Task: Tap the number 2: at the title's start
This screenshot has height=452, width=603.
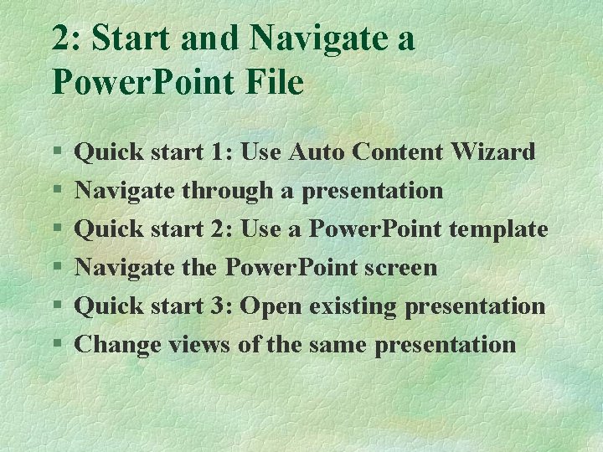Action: (68, 39)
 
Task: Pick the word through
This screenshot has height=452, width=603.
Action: (228, 191)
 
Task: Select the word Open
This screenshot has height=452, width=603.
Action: (271, 306)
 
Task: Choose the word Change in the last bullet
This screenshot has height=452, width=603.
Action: (118, 344)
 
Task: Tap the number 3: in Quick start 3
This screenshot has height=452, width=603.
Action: (223, 306)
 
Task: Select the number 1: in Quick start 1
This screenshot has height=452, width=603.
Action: (223, 152)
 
